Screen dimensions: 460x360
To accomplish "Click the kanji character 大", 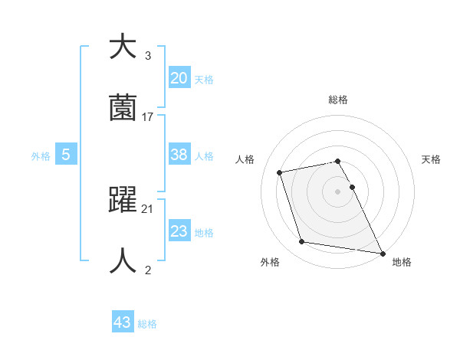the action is [123, 47].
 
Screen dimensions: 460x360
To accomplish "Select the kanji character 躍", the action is [123, 200].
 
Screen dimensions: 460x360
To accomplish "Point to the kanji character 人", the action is [123, 261].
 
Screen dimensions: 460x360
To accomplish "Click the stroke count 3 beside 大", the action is [148, 56].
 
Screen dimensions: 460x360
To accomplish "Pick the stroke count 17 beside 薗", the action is [148, 117].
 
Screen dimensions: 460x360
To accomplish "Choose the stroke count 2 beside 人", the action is [148, 270].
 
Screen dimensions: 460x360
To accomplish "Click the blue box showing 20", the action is [179, 77].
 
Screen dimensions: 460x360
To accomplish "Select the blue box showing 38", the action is [179, 154].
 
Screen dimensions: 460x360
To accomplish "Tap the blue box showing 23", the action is [179, 231].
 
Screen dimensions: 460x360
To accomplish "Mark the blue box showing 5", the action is [66, 154].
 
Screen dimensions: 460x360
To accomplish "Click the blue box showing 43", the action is [123, 322].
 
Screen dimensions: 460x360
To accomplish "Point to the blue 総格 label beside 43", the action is [147, 324].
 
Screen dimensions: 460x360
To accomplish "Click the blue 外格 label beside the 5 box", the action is [41, 155].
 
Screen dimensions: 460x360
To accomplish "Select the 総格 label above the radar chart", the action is [338, 100].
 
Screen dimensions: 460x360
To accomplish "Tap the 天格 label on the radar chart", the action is [431, 159].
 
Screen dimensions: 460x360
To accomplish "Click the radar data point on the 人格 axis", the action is [280, 172].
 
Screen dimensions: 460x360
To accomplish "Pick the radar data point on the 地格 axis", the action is [381, 252].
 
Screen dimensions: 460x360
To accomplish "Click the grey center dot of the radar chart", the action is [338, 191].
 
